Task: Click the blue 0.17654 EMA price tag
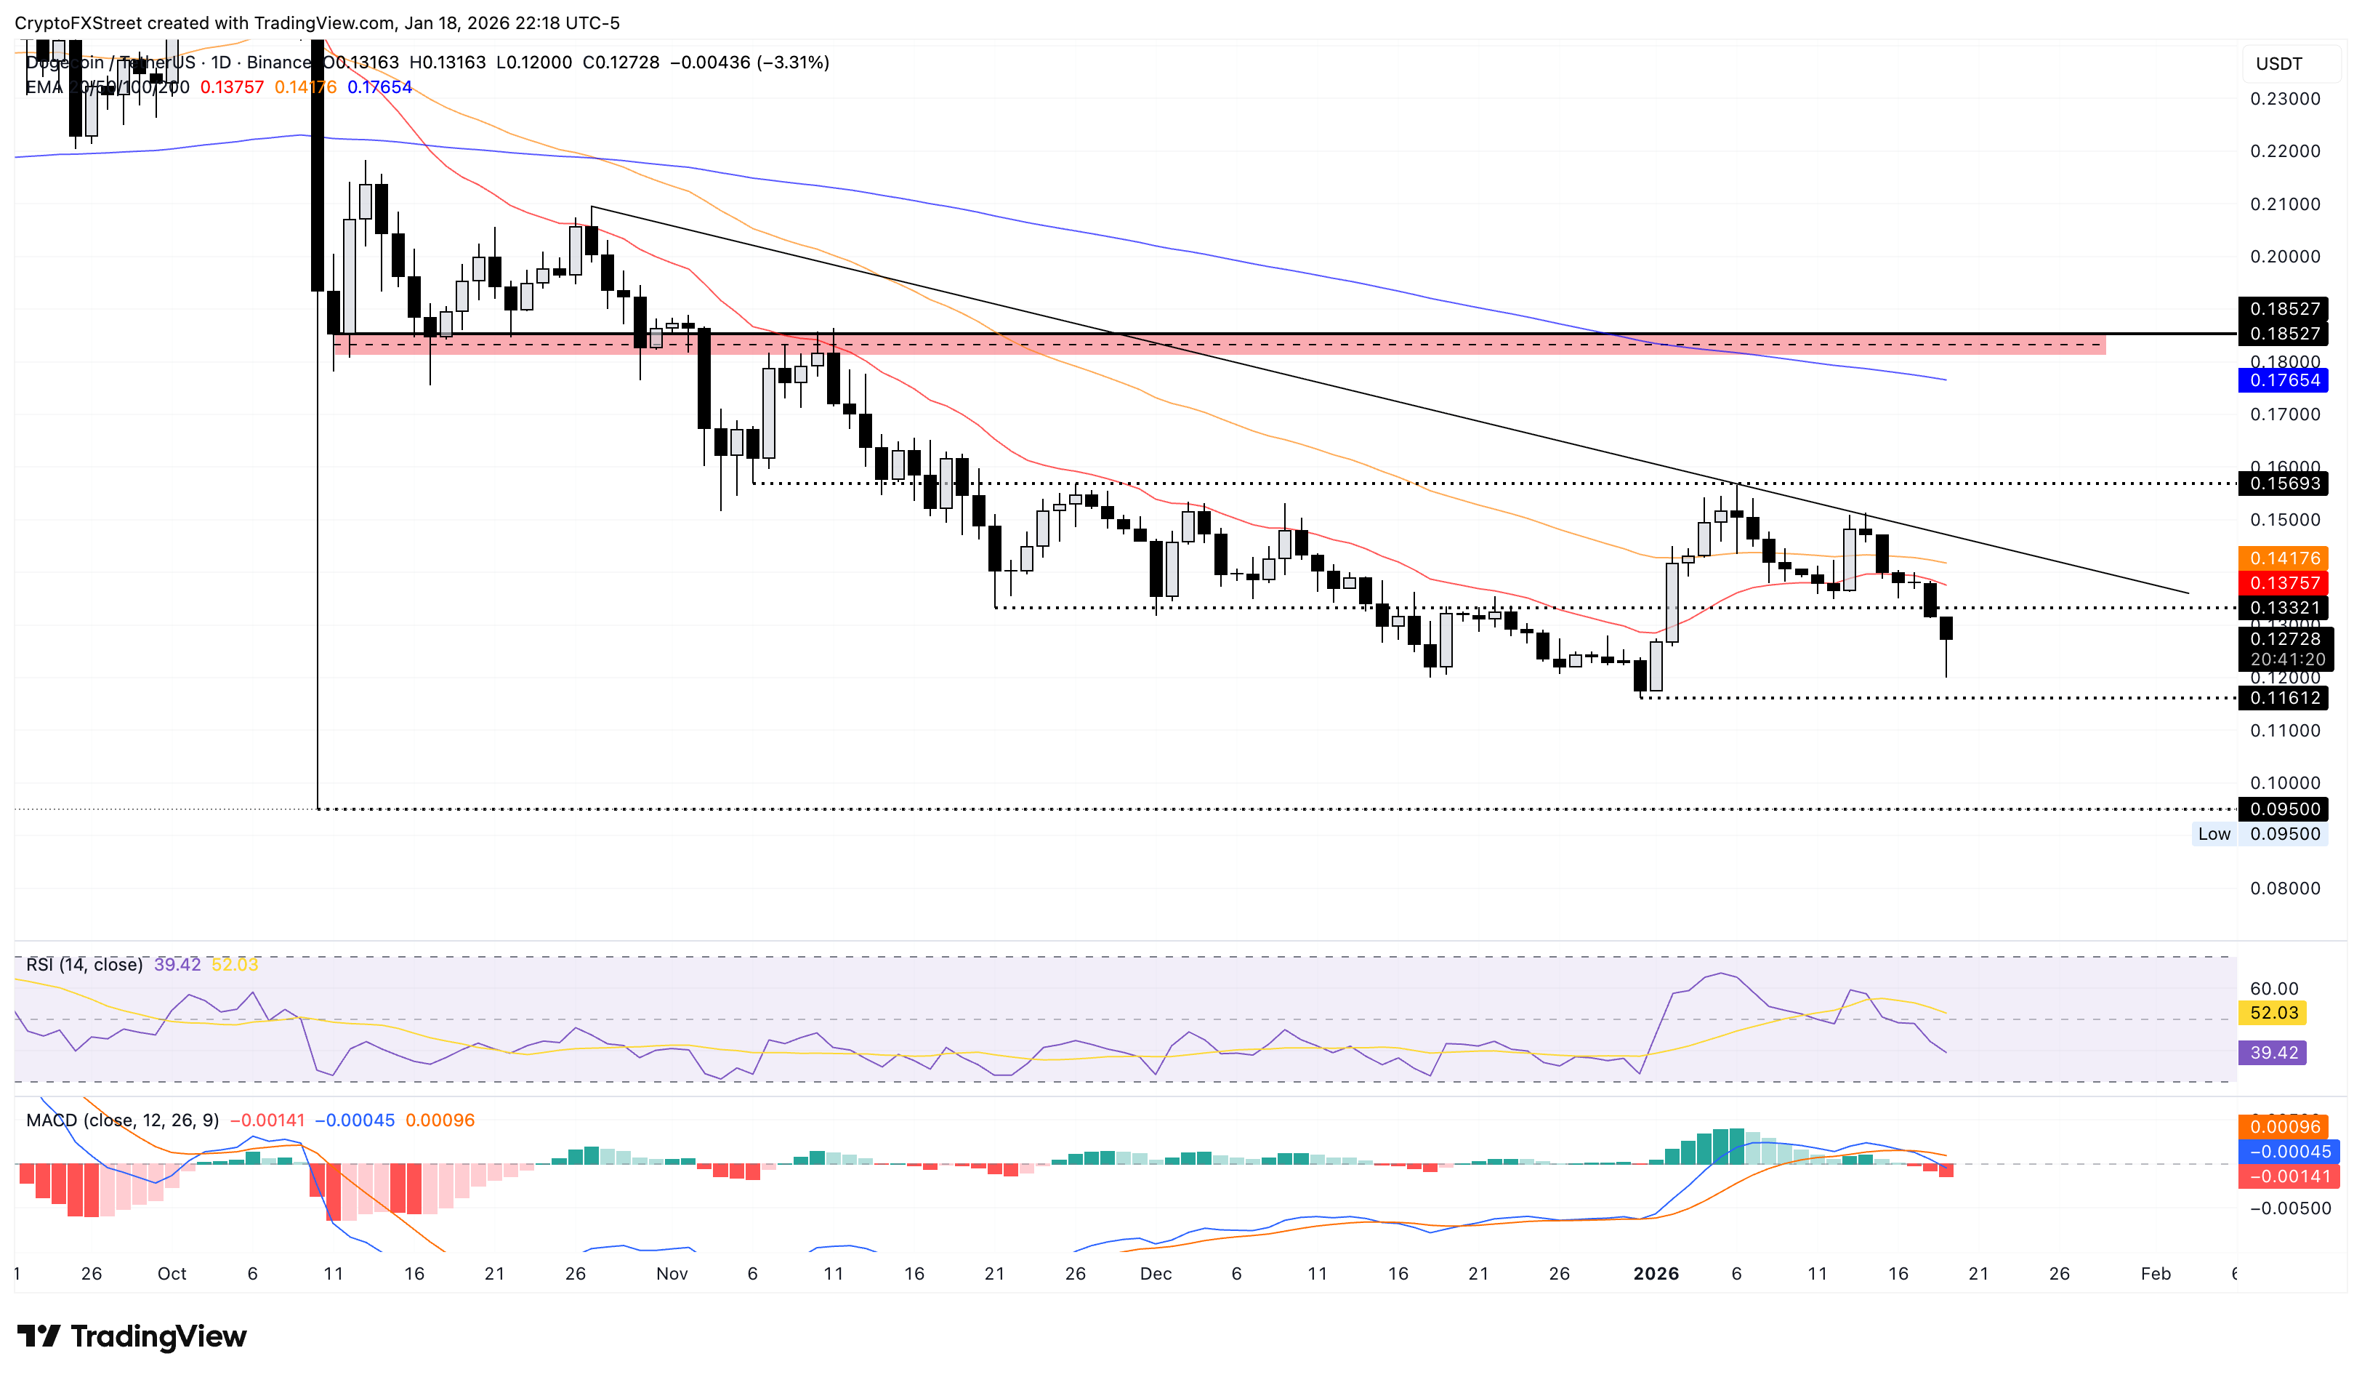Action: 2284,380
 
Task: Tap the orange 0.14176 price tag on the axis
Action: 2284,558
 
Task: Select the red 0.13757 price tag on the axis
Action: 2284,583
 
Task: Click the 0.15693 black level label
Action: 2284,484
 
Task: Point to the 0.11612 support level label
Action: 2284,697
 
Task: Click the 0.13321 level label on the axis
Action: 2284,608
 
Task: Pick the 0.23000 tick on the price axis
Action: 2284,98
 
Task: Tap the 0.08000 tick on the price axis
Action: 2284,888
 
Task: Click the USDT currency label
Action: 2278,64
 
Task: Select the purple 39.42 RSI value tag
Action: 2273,1052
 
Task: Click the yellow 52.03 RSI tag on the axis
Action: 2273,1013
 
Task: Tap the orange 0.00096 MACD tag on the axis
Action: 2284,1127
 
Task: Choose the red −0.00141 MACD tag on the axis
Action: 2284,1176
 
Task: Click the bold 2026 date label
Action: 1656,1273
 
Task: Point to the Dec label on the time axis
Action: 1156,1273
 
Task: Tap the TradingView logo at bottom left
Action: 132,1336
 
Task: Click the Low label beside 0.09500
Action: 2214,833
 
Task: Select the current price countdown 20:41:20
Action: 2286,659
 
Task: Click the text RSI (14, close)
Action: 84,965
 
